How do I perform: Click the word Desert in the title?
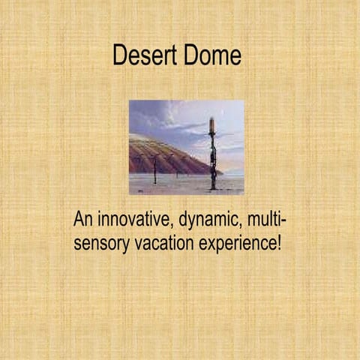145,55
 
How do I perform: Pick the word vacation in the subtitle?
160,244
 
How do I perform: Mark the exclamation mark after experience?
279,244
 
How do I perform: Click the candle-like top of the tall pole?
212,123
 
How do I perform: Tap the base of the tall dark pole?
213,186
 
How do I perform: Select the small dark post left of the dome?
154,171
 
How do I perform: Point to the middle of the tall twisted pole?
213,157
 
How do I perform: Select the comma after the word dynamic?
241,228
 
